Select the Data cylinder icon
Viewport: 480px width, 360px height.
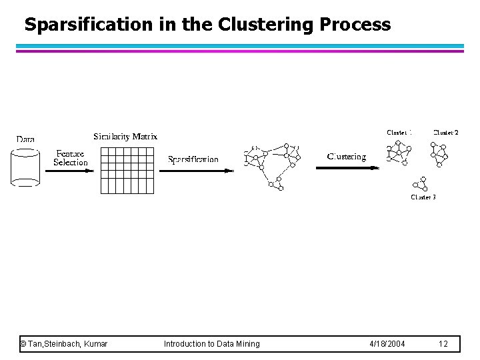25,167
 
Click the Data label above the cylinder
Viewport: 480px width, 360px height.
25,139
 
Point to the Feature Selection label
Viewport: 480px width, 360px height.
70,158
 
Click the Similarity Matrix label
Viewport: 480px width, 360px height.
125,137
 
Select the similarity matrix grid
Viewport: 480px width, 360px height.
127,170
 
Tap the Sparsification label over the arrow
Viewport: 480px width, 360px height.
193,159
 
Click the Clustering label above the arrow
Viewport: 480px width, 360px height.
347,157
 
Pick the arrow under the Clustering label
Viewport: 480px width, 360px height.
347,168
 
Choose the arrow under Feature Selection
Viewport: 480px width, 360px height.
69,170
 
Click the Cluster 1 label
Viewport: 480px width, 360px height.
399,133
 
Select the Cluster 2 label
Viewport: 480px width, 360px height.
445,133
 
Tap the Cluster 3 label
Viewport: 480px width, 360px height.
423,197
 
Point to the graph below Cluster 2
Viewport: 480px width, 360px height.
440,154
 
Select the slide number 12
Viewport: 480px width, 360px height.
443,344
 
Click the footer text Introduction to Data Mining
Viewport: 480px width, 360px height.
212,344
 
